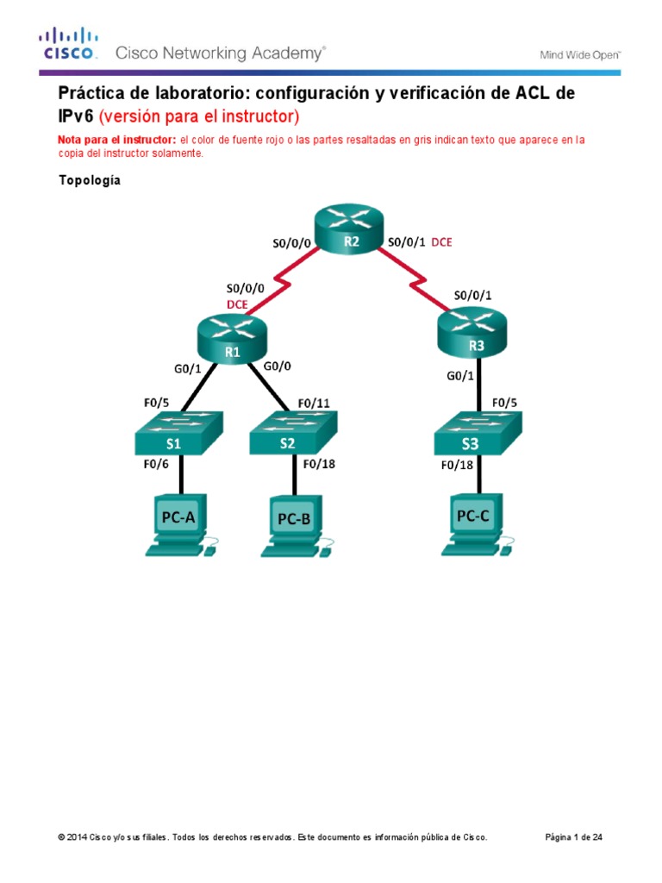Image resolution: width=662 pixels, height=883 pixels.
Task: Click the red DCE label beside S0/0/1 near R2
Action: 441,242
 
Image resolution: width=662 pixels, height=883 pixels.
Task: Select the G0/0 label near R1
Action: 278,366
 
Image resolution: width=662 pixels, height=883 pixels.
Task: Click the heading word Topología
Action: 90,180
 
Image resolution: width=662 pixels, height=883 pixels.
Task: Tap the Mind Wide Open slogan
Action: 580,54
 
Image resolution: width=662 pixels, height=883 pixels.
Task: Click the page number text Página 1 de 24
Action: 579,837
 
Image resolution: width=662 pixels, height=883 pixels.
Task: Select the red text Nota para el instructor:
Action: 116,140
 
